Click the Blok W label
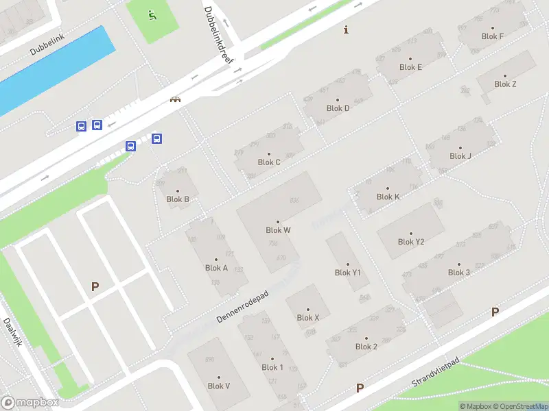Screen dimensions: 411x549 point(278,230)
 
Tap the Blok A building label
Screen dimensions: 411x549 point(216,268)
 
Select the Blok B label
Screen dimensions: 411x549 point(178,199)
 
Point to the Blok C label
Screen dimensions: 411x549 point(269,162)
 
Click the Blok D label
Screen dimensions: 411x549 point(338,108)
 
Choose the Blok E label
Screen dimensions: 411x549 point(410,67)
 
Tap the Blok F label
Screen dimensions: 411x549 point(493,36)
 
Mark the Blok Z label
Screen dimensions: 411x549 point(505,84)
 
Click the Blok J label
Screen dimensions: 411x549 point(460,155)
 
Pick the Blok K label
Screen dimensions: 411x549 point(388,197)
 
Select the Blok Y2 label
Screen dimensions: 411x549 point(411,241)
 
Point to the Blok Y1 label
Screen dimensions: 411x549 point(347,272)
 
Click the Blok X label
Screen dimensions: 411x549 point(308,317)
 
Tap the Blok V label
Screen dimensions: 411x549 point(218,386)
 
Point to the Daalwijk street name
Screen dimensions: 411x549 point(13,332)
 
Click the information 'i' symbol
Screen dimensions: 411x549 point(347,29)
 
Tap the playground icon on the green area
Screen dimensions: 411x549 point(152,14)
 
